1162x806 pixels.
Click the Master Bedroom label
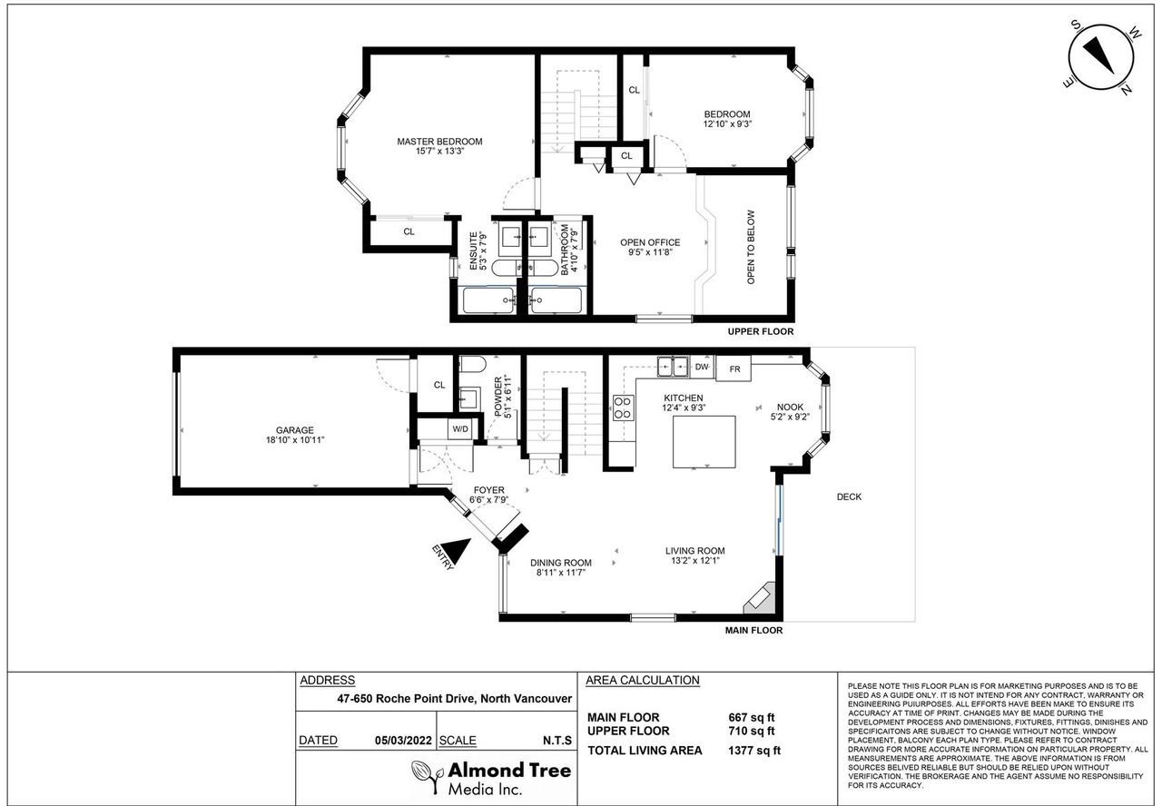tap(439, 142)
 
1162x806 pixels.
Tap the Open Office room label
tap(650, 242)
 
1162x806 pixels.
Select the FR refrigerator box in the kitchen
tap(734, 369)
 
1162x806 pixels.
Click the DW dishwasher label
tap(702, 368)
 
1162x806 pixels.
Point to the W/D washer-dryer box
tap(460, 429)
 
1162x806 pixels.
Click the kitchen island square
tap(704, 442)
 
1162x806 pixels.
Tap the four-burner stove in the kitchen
tap(624, 408)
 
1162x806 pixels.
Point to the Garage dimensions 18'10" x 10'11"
tap(295, 440)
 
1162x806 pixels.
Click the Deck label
tap(849, 496)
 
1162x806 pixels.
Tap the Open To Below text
tap(751, 247)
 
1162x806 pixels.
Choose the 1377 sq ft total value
tap(754, 751)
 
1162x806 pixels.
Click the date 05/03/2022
tap(403, 741)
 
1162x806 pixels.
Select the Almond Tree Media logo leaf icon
tap(428, 776)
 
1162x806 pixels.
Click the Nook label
tap(790, 408)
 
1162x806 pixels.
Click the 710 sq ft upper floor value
tap(751, 731)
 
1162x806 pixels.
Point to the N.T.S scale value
tap(557, 741)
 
